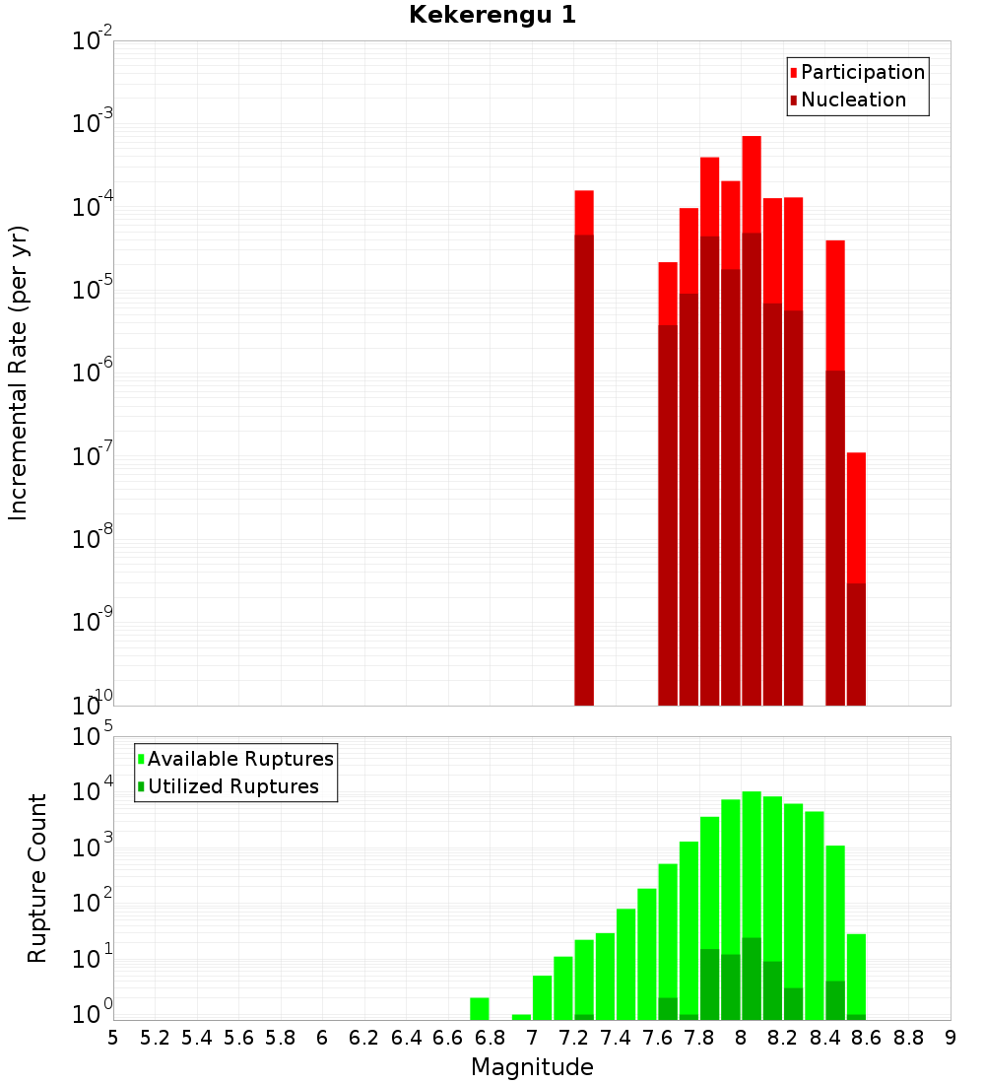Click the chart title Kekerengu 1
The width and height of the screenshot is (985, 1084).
point(492,15)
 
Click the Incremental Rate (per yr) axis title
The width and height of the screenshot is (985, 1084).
point(19,373)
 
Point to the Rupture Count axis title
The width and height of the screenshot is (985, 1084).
point(37,878)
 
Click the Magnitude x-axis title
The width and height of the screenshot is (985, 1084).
point(532,1067)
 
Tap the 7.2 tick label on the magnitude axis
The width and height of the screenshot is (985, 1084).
point(573,1038)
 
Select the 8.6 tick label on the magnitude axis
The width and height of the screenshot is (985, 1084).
point(867,1038)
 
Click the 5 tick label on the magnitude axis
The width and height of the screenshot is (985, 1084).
point(113,1038)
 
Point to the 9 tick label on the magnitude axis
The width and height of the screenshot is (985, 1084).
point(951,1038)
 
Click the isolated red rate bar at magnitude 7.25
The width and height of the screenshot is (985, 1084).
point(584,443)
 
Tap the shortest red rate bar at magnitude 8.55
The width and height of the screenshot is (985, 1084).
point(856,581)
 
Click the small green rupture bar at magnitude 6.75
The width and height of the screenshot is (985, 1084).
point(480,1009)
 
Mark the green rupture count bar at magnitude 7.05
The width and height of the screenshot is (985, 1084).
point(542,997)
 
